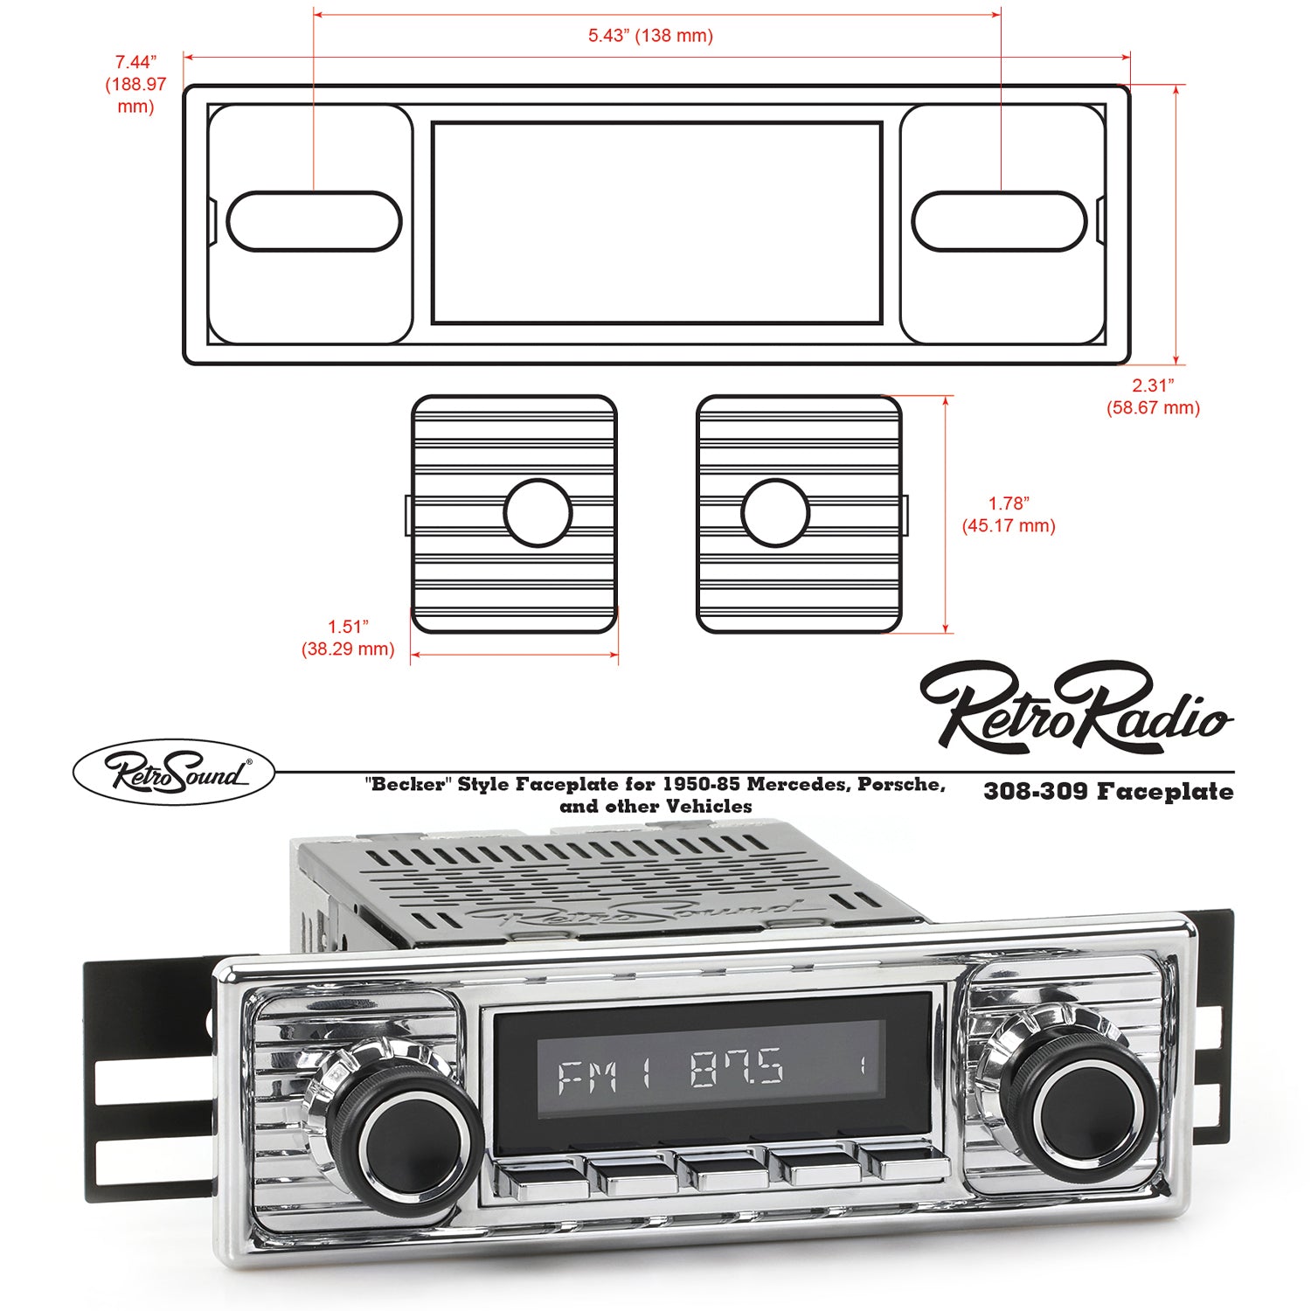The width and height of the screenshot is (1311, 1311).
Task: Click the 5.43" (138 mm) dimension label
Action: [x=650, y=36]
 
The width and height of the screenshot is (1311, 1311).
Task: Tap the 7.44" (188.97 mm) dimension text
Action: [x=135, y=84]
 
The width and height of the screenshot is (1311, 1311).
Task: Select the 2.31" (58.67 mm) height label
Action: [x=1153, y=396]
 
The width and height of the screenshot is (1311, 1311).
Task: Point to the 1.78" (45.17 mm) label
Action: [x=1009, y=515]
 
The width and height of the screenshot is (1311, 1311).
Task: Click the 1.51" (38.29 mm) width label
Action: [x=348, y=638]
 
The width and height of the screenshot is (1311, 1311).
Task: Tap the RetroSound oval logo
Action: [x=174, y=773]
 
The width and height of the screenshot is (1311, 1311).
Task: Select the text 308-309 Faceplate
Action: [x=1108, y=792]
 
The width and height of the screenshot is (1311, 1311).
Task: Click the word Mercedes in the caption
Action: [x=799, y=784]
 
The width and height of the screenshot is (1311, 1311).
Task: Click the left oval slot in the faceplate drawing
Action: [x=315, y=221]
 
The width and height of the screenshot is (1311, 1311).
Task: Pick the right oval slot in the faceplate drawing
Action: [x=999, y=221]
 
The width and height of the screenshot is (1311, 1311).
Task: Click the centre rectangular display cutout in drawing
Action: [x=656, y=223]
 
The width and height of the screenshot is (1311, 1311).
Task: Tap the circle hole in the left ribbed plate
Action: [x=538, y=513]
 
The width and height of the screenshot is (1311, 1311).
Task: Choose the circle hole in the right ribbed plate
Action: [x=775, y=513]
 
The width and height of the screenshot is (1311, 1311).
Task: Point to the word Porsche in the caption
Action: [x=901, y=784]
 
